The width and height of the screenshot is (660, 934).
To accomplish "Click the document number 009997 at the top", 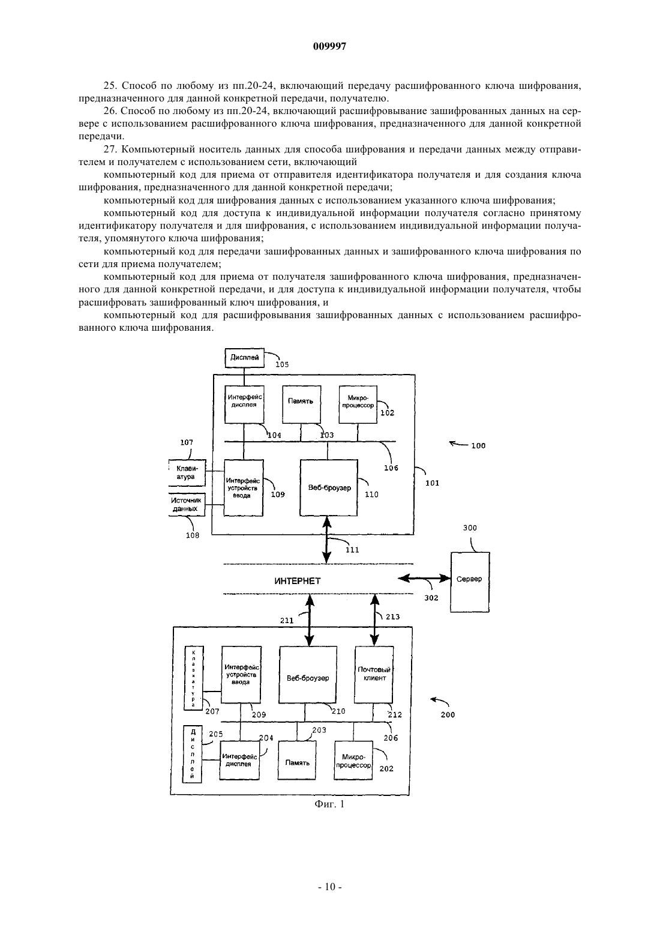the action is [329, 46].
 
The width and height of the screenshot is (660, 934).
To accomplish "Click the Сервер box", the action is [470, 582].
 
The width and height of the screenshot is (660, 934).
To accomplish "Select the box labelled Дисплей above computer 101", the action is [245, 358].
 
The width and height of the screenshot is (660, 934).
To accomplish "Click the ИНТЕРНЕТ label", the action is [298, 581].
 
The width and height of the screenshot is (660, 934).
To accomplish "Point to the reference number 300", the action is [470, 528].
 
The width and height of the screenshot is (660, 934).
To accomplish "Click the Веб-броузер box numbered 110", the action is [329, 488].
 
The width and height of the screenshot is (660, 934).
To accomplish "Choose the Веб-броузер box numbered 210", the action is [308, 675].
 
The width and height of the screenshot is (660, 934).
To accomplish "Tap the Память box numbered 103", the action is [301, 405].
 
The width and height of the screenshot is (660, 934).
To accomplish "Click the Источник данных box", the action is [187, 505].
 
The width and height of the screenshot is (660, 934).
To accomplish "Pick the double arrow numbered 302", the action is [425, 578].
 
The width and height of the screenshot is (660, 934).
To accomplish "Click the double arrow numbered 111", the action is [327, 540].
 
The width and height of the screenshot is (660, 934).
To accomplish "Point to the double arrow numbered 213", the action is [375, 620].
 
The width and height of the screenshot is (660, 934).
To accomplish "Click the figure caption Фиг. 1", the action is [329, 804].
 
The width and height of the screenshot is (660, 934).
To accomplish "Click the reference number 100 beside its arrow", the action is [478, 446].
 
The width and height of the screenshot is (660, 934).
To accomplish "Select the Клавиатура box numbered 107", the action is [187, 473].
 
